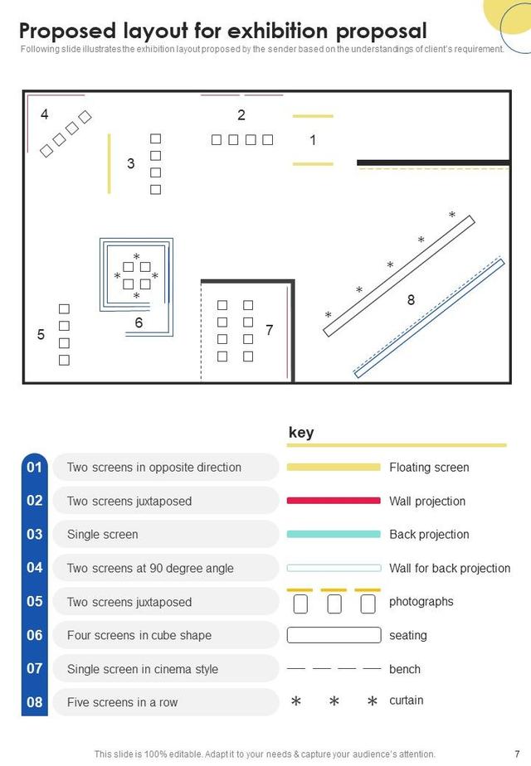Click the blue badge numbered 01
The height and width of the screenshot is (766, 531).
click(35, 467)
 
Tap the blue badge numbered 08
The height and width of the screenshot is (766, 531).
click(35, 702)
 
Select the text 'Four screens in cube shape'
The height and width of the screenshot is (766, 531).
click(139, 635)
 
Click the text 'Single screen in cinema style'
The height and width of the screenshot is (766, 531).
click(142, 669)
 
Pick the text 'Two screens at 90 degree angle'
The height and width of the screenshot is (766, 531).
click(150, 568)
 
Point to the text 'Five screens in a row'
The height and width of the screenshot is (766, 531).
click(122, 702)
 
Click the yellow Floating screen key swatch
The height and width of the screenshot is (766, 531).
click(334, 467)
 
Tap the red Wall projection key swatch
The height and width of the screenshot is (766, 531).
click(334, 501)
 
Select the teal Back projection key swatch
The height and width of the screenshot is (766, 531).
click(334, 535)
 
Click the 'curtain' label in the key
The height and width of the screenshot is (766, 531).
click(407, 700)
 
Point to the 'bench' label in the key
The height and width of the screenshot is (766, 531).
click(405, 669)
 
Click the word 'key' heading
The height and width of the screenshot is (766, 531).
click(301, 433)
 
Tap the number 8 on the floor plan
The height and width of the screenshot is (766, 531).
click(412, 299)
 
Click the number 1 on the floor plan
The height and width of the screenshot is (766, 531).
click(313, 140)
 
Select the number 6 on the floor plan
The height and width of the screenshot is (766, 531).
click(139, 322)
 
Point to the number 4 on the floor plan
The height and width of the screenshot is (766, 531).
click(45, 114)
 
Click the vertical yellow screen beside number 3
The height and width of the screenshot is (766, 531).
click(109, 163)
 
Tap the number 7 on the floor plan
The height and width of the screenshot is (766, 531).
click(270, 330)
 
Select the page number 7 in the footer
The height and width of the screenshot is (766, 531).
click(517, 754)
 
